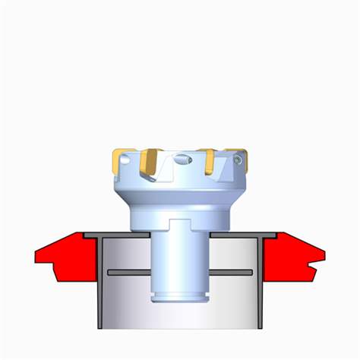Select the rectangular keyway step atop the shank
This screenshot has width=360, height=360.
pyautogui.click(x=180, y=226)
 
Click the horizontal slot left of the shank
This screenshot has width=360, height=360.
pyautogui.click(x=129, y=272)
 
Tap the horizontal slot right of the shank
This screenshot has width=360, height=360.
pyautogui.click(x=231, y=272)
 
